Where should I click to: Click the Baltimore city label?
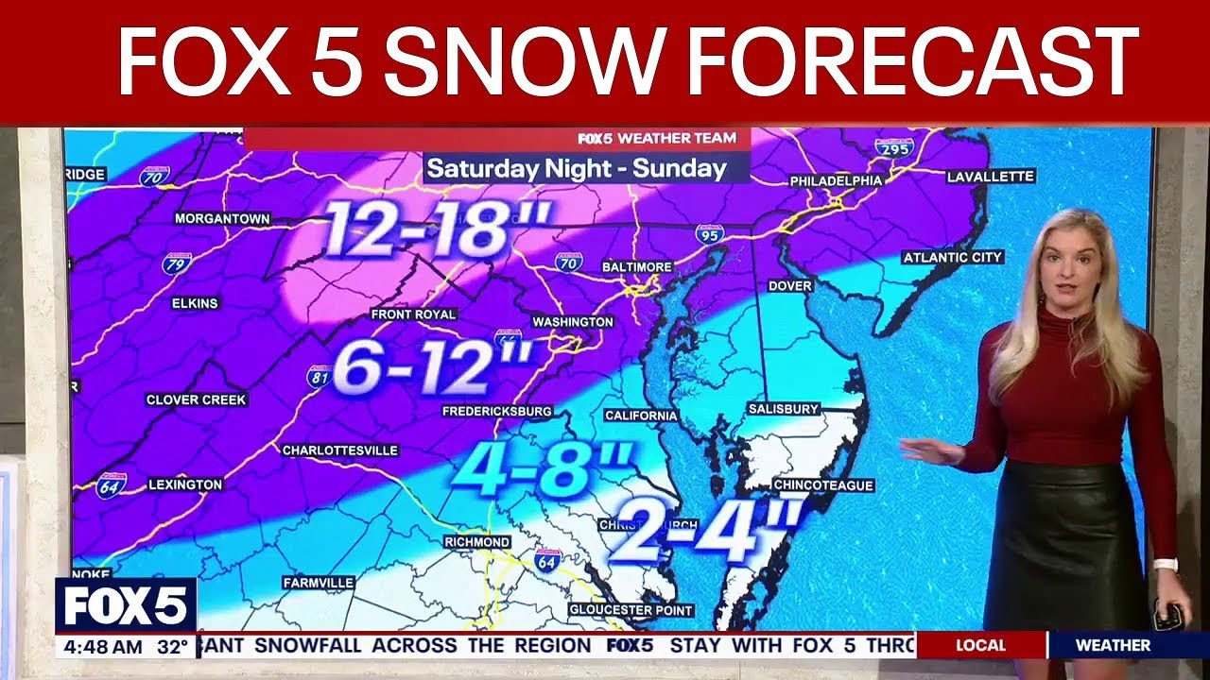click(x=637, y=267)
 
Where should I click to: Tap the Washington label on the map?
click(x=573, y=322)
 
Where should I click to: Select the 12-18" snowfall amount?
click(x=436, y=229)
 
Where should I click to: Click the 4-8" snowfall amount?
click(x=540, y=467)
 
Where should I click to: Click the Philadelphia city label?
click(x=836, y=180)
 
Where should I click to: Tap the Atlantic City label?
click(x=952, y=257)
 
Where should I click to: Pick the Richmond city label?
click(x=477, y=542)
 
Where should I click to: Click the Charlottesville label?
click(x=340, y=450)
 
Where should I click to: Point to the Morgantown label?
click(x=222, y=219)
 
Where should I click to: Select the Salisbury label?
click(x=782, y=409)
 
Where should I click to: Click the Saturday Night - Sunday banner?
click(x=577, y=169)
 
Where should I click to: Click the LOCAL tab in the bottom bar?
click(x=980, y=646)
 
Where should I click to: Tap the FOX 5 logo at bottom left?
click(x=126, y=605)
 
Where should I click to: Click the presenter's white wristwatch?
click(x=1165, y=565)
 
